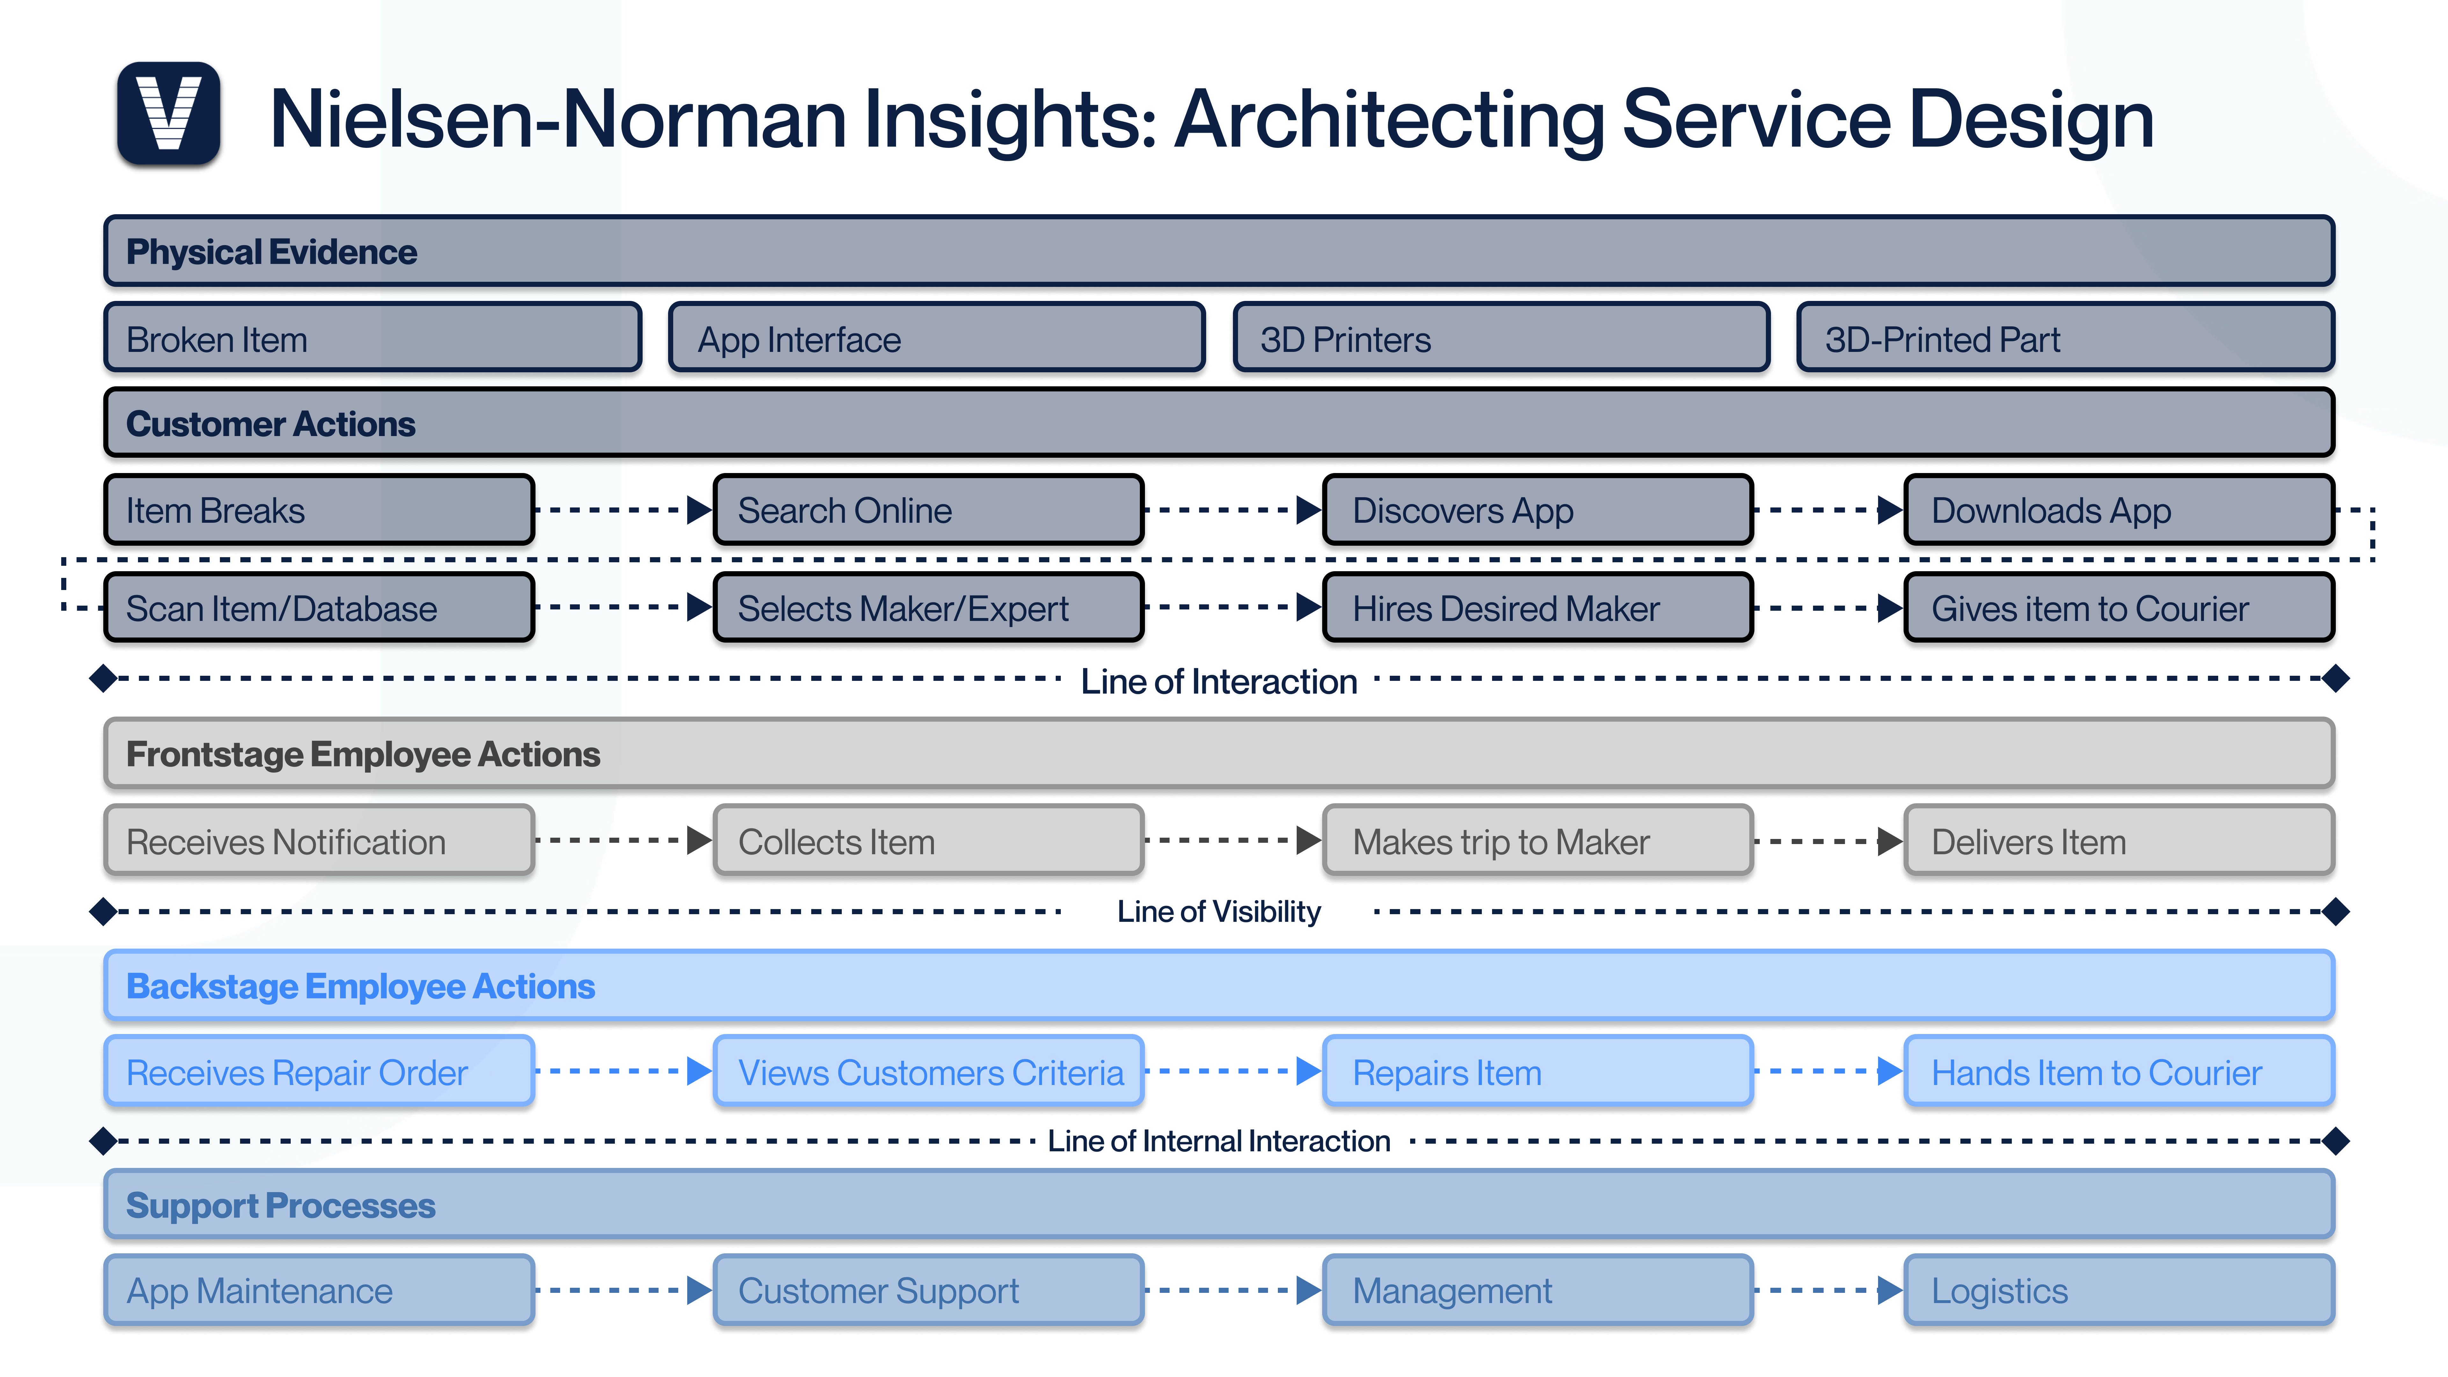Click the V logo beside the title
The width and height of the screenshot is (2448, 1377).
pos(168,113)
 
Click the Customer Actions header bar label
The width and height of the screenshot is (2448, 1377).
pos(271,424)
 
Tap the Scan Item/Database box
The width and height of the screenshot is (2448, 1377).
pos(318,608)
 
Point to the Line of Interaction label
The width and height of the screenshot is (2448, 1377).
pos(1218,681)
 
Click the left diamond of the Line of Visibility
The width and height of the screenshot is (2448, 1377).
pos(103,911)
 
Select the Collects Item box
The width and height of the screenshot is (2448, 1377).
pos(928,841)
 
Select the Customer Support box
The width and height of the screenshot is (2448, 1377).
pos(928,1291)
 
